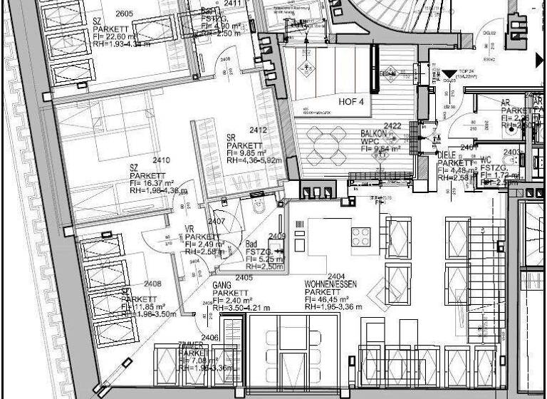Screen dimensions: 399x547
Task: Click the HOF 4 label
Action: pos(351,102)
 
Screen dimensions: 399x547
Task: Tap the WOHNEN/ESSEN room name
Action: pos(331,284)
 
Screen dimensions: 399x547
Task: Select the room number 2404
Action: pos(336,276)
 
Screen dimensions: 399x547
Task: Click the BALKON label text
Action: pos(374,134)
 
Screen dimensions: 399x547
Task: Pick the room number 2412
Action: pos(258,130)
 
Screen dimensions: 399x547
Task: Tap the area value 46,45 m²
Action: pos(334,300)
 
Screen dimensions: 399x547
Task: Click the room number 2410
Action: pos(161,160)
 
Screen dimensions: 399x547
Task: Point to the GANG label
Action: pos(222,284)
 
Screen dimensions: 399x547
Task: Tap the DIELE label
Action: pos(447,153)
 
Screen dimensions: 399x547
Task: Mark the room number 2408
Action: pos(152,284)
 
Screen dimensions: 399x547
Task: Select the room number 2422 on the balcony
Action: pos(393,126)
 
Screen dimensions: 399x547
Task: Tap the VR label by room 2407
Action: pos(189,228)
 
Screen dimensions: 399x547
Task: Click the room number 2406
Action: pos(209,337)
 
